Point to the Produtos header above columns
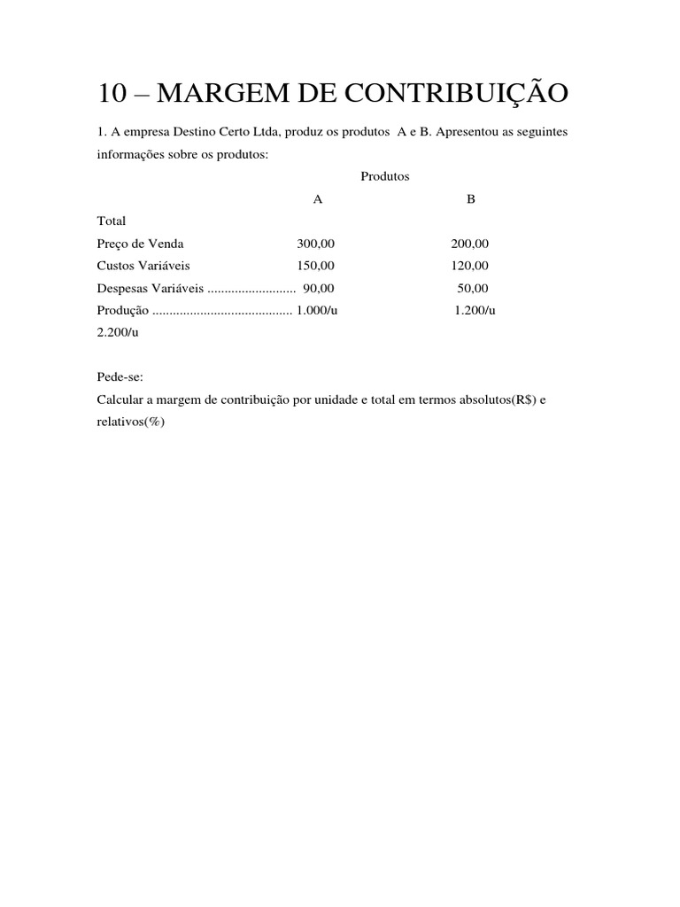click(385, 176)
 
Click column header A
click(318, 199)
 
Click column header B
click(471, 199)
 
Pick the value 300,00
click(317, 244)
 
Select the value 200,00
click(469, 244)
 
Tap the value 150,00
click(316, 266)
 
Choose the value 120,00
click(469, 266)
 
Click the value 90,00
click(319, 288)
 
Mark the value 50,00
click(472, 288)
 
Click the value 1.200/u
click(475, 310)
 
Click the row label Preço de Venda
click(140, 244)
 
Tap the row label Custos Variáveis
click(143, 266)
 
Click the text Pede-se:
click(120, 376)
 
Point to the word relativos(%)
click(131, 422)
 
